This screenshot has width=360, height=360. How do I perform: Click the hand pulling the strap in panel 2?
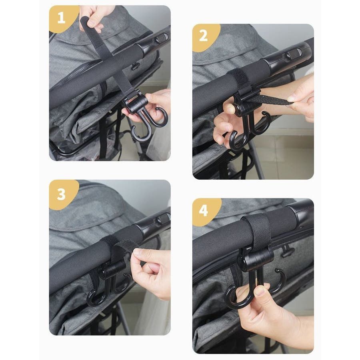299,96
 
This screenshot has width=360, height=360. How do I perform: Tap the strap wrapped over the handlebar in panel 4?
258,232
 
